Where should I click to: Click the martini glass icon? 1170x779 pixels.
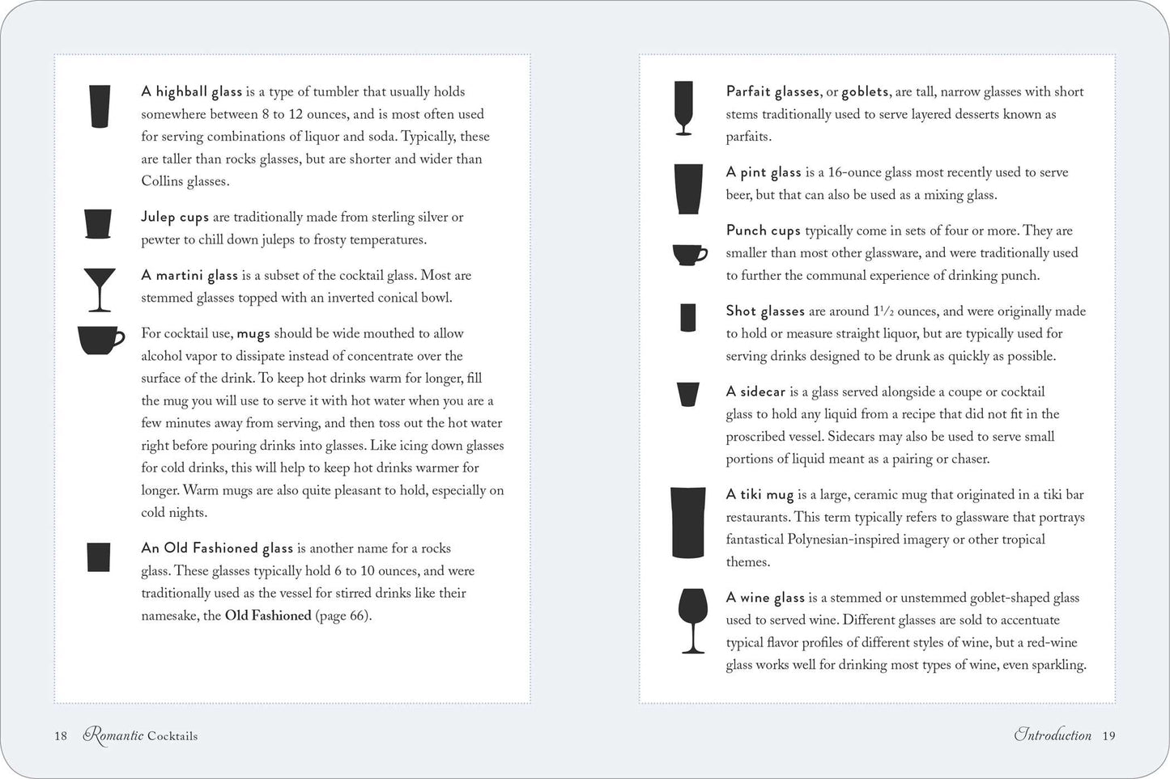(100, 290)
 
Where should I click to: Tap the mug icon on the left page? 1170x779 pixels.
(100, 340)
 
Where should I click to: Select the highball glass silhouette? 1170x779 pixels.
(100, 106)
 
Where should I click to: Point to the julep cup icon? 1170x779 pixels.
(98, 223)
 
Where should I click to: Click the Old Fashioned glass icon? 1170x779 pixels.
(98, 557)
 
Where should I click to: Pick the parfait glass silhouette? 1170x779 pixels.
(683, 108)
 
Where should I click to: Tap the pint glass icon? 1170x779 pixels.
(687, 189)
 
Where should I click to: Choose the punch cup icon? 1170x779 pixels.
(689, 255)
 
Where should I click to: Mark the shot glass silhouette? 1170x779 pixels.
(688, 317)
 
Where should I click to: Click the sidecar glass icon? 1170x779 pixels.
(687, 394)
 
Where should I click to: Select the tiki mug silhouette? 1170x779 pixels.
(688, 523)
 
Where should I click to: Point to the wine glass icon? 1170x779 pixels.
(691, 620)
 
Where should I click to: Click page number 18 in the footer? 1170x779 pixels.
(61, 736)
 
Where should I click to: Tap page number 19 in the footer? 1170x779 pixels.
(1108, 735)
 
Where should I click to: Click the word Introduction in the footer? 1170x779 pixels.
(1053, 735)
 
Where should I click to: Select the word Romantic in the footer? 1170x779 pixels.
(113, 735)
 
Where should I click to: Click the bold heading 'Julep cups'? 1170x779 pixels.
(175, 218)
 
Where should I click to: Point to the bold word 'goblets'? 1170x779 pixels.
(866, 92)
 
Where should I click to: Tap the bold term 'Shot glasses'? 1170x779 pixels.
(765, 311)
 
